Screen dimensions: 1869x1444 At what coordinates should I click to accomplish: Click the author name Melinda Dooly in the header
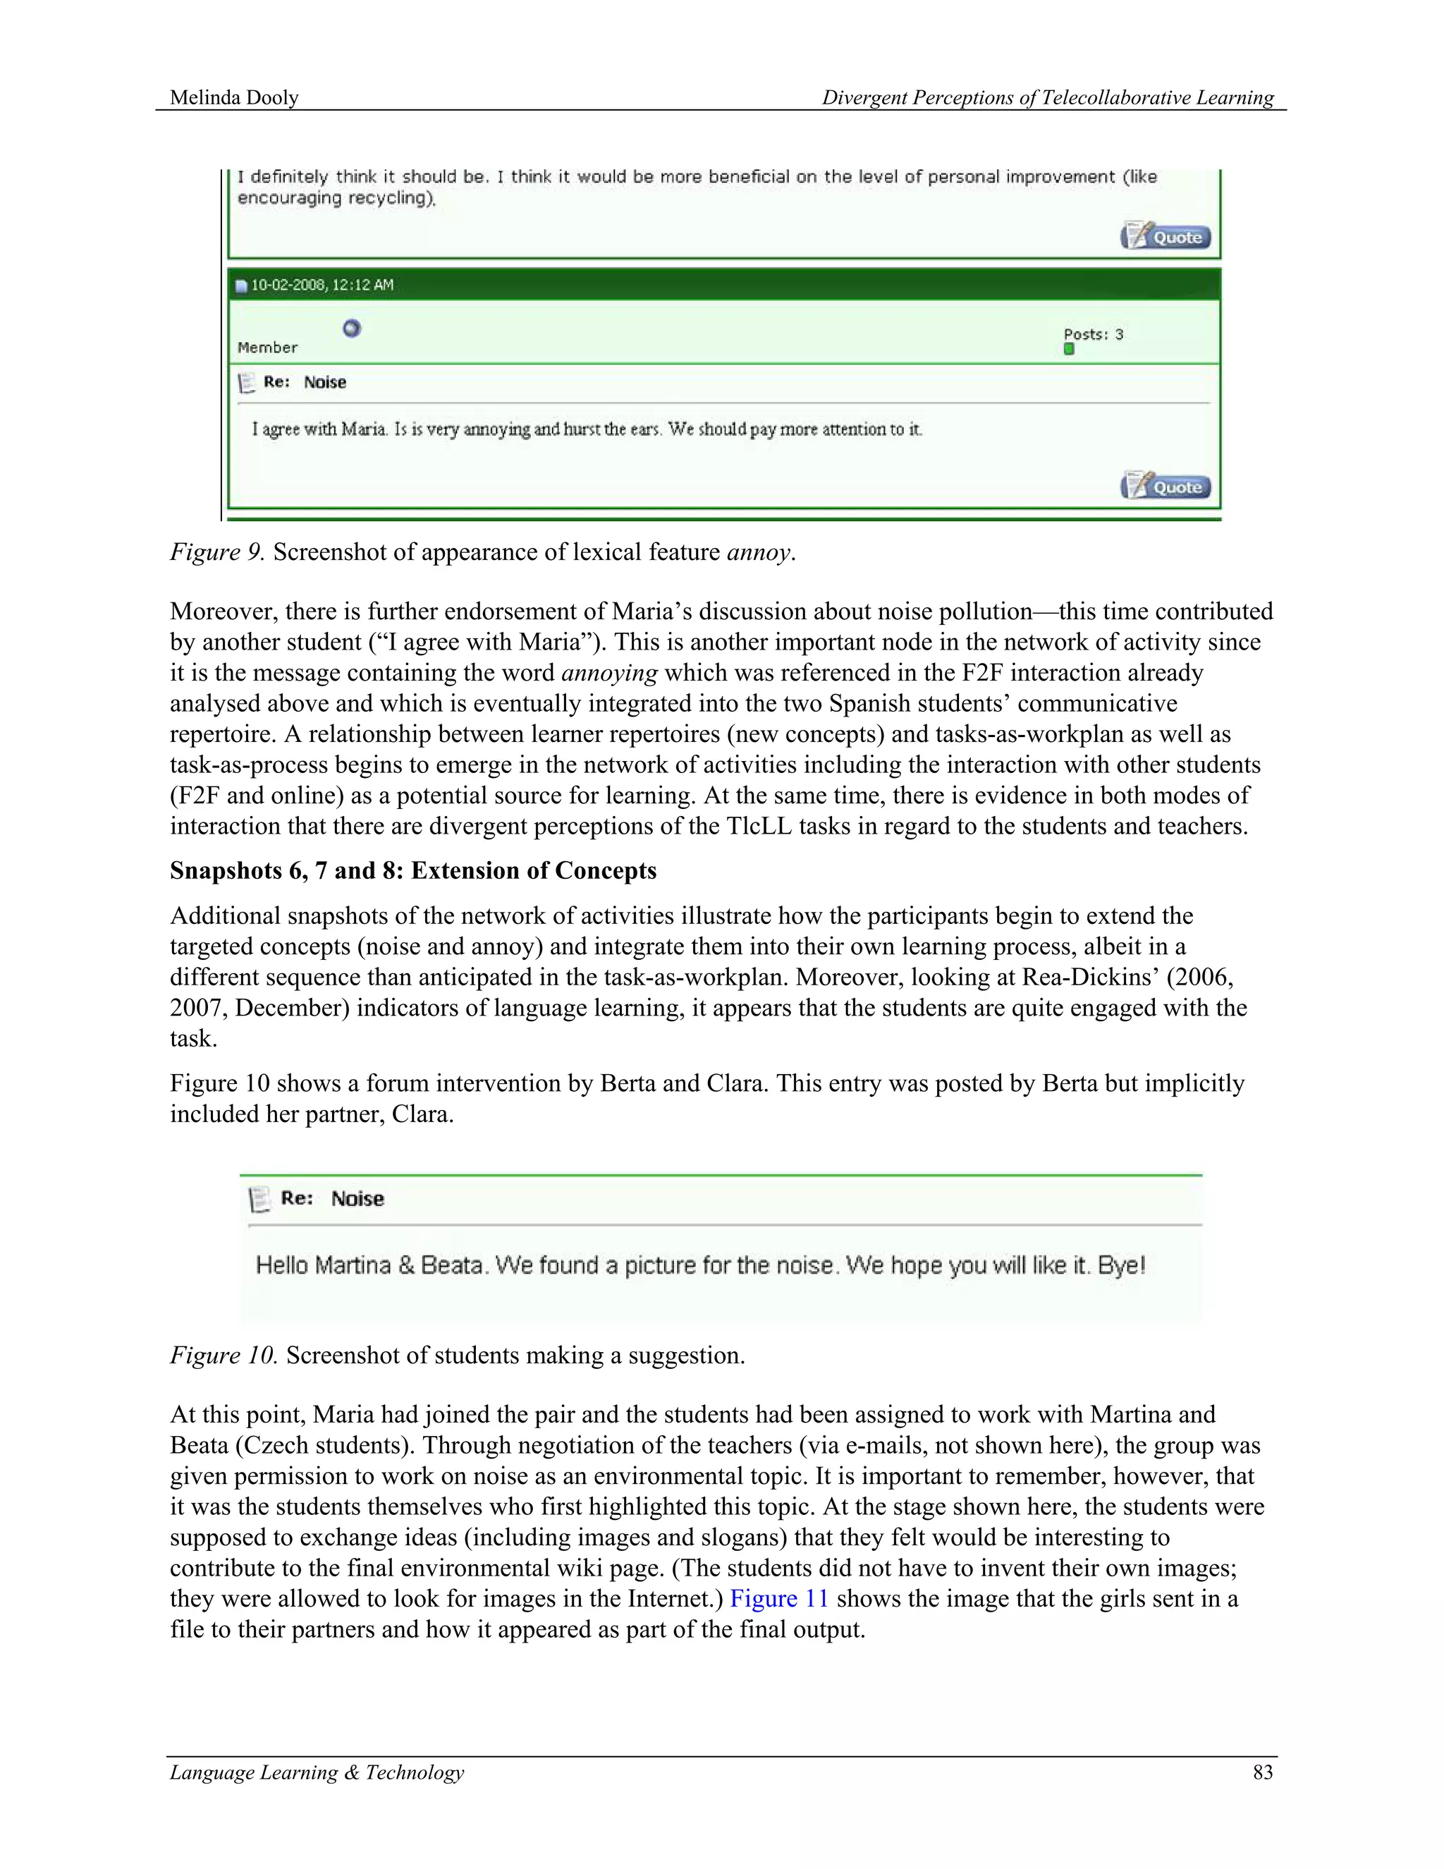(233, 97)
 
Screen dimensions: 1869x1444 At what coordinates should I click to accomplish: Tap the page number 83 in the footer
(1263, 1772)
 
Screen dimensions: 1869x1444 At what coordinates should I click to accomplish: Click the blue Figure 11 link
(778, 1599)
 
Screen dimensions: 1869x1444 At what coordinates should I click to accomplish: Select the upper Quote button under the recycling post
(1166, 236)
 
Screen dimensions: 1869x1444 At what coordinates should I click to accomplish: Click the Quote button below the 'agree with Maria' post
(1166, 486)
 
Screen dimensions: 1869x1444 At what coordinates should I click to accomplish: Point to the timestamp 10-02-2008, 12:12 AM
(322, 285)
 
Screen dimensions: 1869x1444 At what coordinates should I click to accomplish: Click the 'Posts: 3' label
(1094, 334)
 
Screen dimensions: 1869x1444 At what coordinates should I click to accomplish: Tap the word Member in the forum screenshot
(267, 348)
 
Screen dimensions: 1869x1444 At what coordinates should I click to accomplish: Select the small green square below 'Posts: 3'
(1068, 349)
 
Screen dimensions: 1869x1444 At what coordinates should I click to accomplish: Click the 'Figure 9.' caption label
(217, 552)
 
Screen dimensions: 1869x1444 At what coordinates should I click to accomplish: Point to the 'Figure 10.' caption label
(224, 1356)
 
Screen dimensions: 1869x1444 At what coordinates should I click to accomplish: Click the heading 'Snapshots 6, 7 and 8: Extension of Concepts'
(413, 870)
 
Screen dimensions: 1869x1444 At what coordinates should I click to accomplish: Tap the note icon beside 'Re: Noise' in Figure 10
(258, 1199)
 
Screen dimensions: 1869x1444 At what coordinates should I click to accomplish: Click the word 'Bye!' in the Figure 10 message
(1120, 1265)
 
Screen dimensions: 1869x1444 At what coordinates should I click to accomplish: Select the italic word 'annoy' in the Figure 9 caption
(758, 552)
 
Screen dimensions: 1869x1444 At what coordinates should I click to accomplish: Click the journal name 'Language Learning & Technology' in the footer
(317, 1772)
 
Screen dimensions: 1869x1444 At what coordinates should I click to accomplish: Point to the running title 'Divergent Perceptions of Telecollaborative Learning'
(1047, 97)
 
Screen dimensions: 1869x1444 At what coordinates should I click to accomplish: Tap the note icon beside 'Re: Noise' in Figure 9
(246, 382)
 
